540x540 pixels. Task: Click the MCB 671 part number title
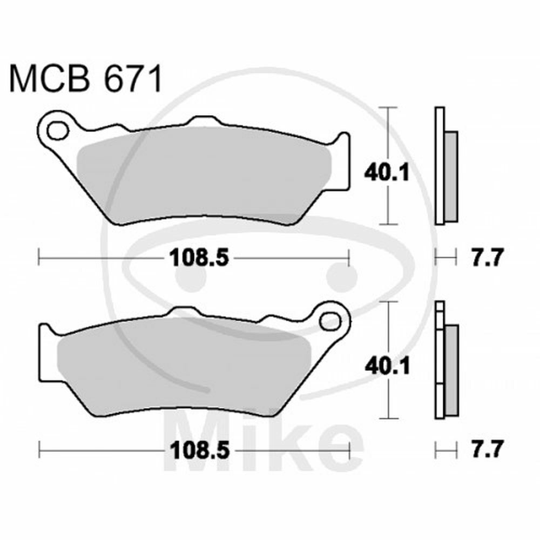[x=85, y=79]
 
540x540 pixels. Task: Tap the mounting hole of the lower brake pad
[x=330, y=322]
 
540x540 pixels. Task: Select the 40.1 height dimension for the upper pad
[x=387, y=173]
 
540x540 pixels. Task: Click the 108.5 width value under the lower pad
[x=199, y=449]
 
